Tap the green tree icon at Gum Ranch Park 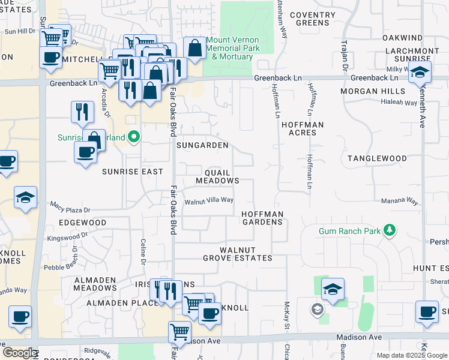point(390,230)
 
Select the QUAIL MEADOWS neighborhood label point(217,176)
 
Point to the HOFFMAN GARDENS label point(262,218)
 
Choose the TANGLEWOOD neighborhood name point(377,158)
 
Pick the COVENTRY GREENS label point(313,19)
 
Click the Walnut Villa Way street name point(209,201)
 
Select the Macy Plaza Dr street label point(70,210)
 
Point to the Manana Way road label point(399,202)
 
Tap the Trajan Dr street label point(345,54)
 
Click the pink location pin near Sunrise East point(134,137)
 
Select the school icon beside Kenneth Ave point(420,73)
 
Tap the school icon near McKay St point(333,290)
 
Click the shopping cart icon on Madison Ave point(179,331)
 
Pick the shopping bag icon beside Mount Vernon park point(195,49)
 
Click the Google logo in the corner point(20,353)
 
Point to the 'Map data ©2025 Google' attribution point(412,355)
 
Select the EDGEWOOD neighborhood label point(82,223)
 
